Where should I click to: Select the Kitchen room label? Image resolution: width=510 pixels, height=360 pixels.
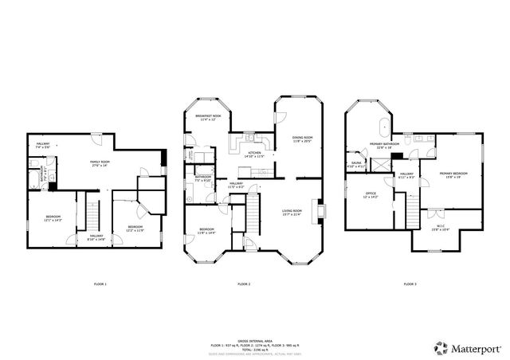pyautogui.click(x=254, y=154)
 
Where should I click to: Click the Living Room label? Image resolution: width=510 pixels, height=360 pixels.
pyautogui.click(x=292, y=213)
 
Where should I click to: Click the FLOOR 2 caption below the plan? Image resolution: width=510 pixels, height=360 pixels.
pyautogui.click(x=244, y=284)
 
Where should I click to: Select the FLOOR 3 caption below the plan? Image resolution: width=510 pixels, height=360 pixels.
pyautogui.click(x=409, y=284)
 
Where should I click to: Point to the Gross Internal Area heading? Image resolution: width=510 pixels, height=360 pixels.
pyautogui.click(x=254, y=338)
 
